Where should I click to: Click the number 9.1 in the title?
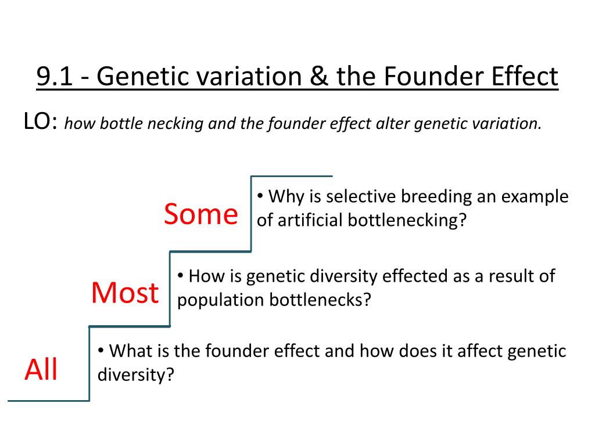click(54, 76)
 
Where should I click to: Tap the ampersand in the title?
click(320, 76)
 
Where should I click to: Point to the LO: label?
click(41, 121)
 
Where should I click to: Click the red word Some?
click(201, 214)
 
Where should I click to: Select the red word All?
click(41, 369)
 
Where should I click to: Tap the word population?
click(220, 300)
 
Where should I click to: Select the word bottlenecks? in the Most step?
click(320, 300)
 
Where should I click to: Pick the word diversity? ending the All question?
click(136, 375)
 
